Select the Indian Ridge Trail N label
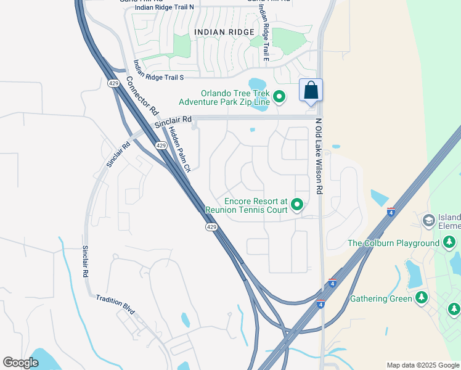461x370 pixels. [x=164, y=7]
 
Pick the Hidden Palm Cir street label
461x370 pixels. [x=180, y=148]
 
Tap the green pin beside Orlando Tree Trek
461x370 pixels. [x=279, y=96]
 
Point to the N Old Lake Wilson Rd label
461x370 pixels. [x=319, y=157]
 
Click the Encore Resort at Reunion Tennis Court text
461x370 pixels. [x=256, y=205]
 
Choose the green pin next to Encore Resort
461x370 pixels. [x=297, y=204]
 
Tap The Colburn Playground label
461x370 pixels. [x=393, y=243]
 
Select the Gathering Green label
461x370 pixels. [x=381, y=299]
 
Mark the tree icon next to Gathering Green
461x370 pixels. [x=422, y=298]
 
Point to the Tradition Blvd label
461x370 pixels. [x=115, y=306]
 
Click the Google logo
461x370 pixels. [x=21, y=363]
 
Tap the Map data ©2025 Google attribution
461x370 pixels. [x=422, y=365]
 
